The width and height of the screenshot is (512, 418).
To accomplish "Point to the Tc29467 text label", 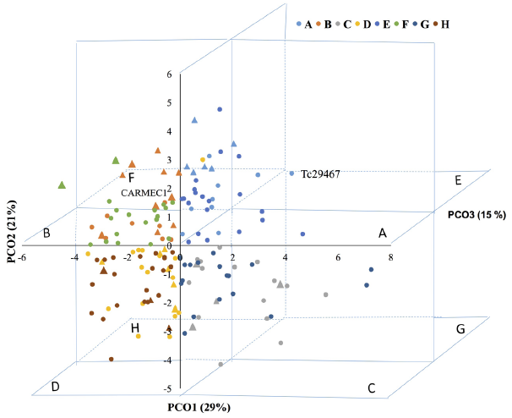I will (320, 173).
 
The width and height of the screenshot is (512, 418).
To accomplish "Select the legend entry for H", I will (442, 24).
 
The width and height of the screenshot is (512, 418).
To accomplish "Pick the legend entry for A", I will (307, 24).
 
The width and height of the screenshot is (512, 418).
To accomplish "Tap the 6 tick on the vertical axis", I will (169, 74).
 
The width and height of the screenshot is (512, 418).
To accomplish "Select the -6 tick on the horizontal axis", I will (23, 256).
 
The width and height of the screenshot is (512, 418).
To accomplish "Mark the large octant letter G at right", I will (460, 327).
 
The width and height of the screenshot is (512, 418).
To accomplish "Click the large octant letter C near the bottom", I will (371, 389).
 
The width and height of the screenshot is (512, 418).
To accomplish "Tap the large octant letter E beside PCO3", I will (458, 180).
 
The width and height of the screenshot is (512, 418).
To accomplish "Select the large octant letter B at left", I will (48, 233).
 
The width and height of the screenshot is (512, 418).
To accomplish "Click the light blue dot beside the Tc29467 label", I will (291, 173).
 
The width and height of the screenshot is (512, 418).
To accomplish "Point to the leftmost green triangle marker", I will (62, 184).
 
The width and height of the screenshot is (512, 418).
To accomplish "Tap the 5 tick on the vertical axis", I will (169, 103).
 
